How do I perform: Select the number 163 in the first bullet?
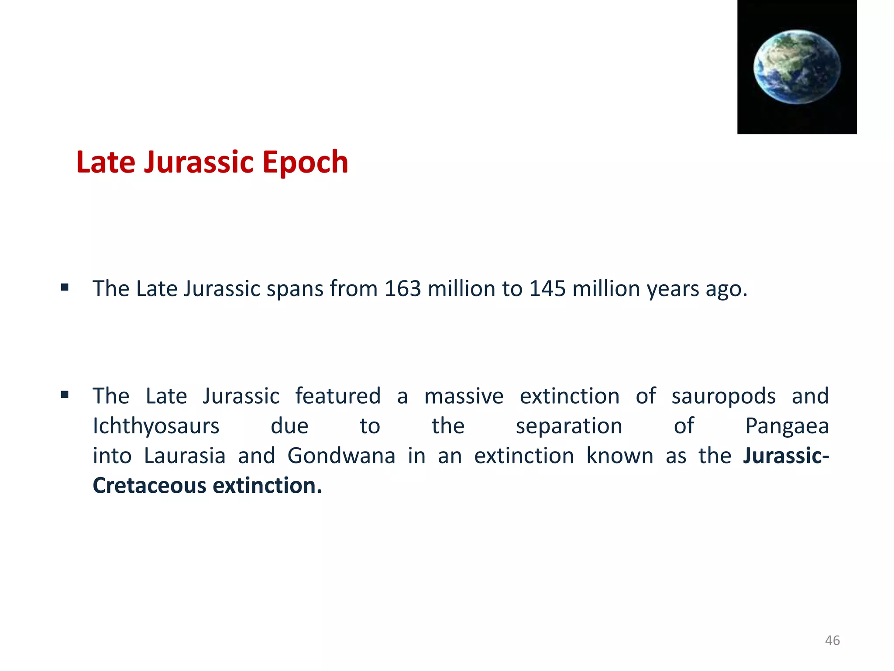(x=402, y=289)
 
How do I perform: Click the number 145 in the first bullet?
(x=547, y=289)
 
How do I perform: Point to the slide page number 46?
(x=832, y=640)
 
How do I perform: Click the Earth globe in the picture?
(x=797, y=66)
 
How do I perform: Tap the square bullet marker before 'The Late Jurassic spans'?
(x=65, y=287)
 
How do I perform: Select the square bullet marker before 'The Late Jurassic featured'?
(x=65, y=395)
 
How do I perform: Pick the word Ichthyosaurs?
(x=156, y=426)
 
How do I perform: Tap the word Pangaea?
(x=787, y=426)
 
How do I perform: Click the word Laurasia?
(x=185, y=456)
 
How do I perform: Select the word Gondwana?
(x=341, y=456)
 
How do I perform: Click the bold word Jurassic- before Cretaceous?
(x=786, y=456)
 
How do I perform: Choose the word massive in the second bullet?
(x=464, y=396)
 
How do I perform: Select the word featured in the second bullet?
(x=338, y=396)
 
